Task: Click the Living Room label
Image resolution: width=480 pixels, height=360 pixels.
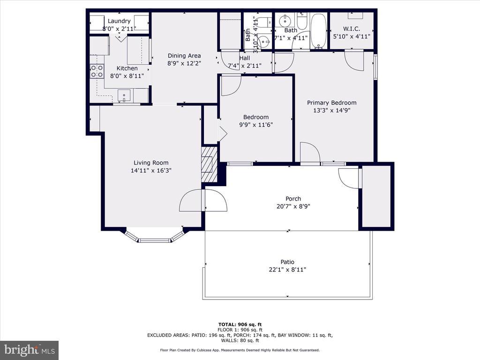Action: [x=151, y=163]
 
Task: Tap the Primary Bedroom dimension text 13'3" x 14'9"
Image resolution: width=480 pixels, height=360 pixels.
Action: [x=331, y=111]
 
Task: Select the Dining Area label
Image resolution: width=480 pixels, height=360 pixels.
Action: [x=184, y=56]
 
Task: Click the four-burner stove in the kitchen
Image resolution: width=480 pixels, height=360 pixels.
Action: [x=97, y=71]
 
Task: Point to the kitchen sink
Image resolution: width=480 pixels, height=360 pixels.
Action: [x=124, y=96]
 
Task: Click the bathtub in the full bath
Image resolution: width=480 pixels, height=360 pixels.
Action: [x=319, y=31]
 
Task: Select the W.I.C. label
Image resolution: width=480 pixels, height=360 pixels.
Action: [x=352, y=29]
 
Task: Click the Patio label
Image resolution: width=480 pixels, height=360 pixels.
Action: [x=287, y=262]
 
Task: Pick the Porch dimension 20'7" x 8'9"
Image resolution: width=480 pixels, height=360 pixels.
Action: [x=293, y=207]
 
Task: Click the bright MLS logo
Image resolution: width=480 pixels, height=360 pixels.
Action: [x=30, y=350]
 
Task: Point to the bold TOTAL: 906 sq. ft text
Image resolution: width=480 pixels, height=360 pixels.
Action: [x=240, y=324]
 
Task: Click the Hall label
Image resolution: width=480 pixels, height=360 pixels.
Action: [x=245, y=58]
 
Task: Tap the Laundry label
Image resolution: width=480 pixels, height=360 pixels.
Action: [x=119, y=21]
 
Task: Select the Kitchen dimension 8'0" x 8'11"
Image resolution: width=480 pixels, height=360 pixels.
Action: [x=127, y=76]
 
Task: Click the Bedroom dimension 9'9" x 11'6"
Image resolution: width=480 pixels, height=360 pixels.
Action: [x=256, y=125]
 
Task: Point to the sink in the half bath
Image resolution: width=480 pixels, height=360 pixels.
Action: [x=264, y=41]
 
